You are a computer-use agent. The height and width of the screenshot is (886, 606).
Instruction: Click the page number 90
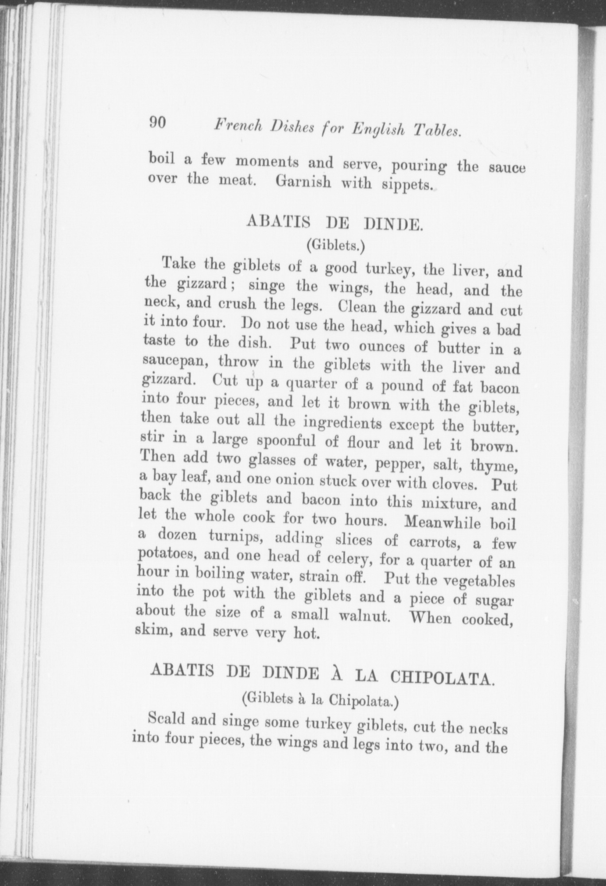click(158, 123)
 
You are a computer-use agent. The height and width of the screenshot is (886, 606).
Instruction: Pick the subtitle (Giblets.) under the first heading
click(335, 245)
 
